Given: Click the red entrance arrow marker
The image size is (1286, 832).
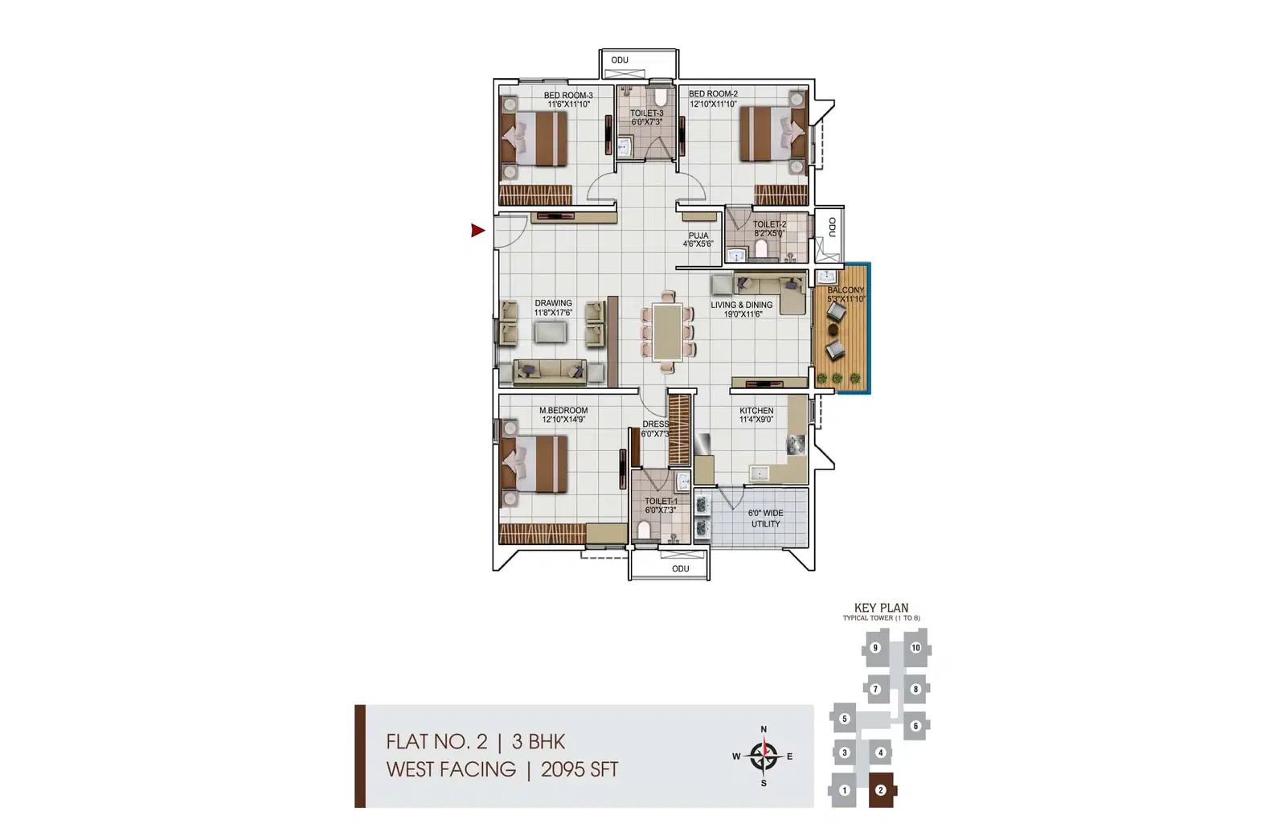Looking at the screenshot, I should pos(477,231).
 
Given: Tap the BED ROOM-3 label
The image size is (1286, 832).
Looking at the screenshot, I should pos(568,96).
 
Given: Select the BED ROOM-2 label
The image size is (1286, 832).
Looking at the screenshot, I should pos(713,94).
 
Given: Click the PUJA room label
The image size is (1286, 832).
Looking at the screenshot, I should pos(698,236).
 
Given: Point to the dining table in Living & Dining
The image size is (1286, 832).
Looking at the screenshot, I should pos(667,331).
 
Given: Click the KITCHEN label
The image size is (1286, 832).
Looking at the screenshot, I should pos(756,411).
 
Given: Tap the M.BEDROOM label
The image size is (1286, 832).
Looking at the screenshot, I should pos(563,411).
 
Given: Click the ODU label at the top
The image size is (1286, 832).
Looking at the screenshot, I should pos(620,60).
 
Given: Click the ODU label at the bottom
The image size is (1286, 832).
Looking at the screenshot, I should pos(681,568).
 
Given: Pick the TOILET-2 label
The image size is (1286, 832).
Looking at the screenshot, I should pos(769,225).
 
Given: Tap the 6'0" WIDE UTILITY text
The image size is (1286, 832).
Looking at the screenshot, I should pos(765,518).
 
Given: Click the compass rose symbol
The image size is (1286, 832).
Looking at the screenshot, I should pos(763,756).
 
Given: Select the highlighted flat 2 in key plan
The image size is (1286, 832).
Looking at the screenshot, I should pos(881,790).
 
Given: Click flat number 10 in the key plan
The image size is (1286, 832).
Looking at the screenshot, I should pos(915,648).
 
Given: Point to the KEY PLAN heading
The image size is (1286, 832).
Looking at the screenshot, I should pos(881,609).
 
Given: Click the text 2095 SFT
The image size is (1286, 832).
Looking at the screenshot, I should pos(580,770).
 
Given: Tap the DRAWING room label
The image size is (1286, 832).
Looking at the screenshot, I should pos(553,304).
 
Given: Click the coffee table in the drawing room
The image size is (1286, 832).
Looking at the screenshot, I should pos(550,331).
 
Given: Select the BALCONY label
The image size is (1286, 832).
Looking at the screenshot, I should pos(846,290).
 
